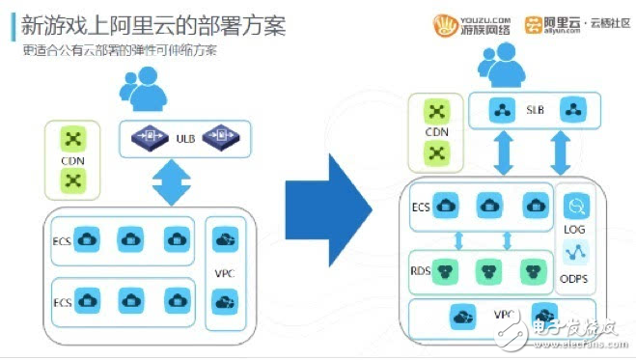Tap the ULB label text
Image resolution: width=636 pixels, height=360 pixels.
pos(185,139)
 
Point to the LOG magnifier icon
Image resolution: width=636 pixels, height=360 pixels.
pos(576,205)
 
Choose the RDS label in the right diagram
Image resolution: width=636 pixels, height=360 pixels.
pos(421,269)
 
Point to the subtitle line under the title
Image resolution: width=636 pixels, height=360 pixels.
pos(121,50)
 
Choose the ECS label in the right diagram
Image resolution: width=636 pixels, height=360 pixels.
pos(420,205)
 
